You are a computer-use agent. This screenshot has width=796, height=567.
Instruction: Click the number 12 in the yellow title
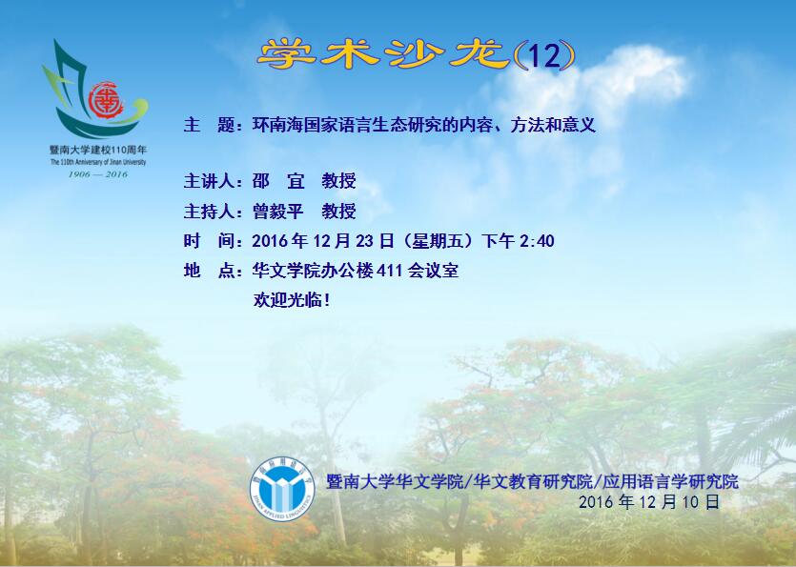coord(544,55)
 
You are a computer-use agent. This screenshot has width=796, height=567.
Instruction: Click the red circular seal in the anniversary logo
coord(106,100)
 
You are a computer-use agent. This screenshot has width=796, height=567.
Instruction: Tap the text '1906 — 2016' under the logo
coord(98,174)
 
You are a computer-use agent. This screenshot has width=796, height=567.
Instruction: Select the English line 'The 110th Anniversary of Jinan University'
coord(98,162)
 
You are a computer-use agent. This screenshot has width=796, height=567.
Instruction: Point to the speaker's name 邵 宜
coord(278,181)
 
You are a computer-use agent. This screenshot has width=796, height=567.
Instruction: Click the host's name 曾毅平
coord(277,211)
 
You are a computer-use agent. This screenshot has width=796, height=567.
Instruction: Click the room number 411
coord(390,271)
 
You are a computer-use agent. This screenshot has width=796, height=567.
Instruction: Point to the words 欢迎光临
coord(287,300)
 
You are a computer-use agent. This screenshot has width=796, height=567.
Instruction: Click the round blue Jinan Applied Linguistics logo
coord(282,489)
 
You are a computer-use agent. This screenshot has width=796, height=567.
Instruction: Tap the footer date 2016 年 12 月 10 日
coord(649,502)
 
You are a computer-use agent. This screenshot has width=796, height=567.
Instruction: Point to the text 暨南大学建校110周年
coord(98,150)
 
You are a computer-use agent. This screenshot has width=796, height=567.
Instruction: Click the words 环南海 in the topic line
coord(277,125)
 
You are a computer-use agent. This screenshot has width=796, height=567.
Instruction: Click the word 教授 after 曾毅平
coord(338,211)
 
